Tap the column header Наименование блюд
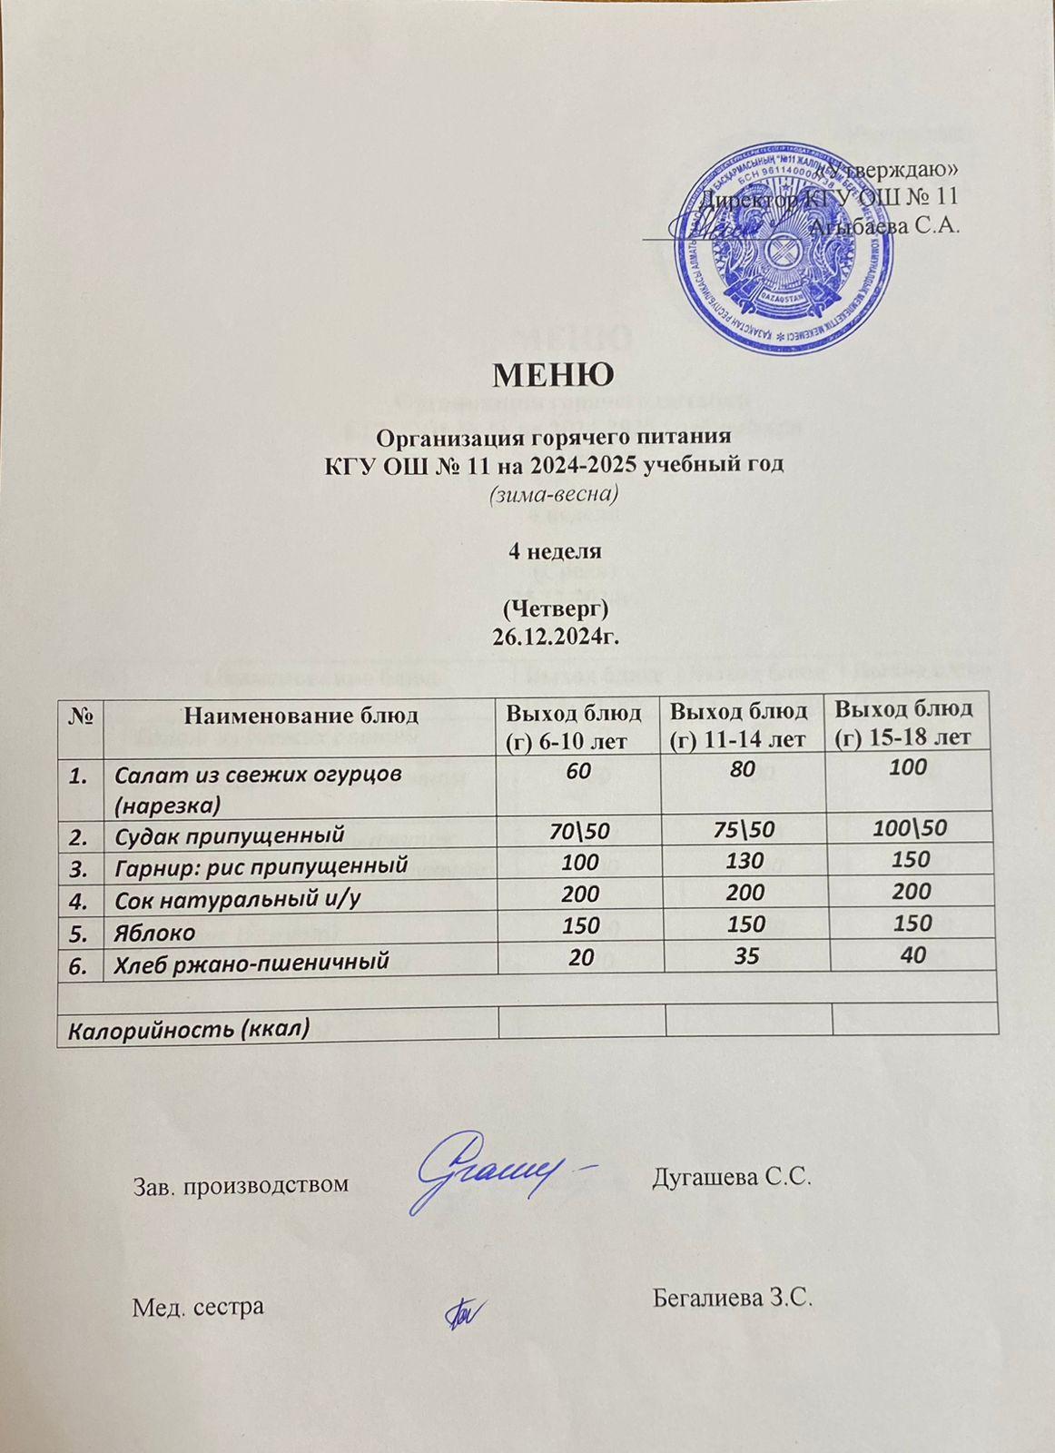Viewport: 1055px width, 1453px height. [301, 714]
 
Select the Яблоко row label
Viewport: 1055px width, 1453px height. [154, 933]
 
